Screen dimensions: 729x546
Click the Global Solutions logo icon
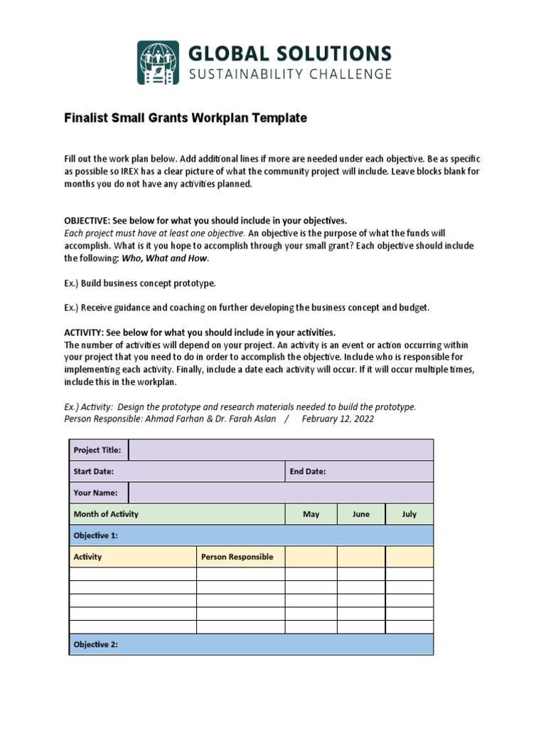click(159, 63)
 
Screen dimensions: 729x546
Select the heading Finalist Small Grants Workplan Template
click(186, 118)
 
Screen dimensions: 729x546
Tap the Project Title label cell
click(97, 450)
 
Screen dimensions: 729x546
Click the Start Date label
click(94, 471)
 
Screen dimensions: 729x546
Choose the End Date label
click(308, 471)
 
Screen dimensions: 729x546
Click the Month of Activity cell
click(106, 514)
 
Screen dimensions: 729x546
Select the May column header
click(311, 514)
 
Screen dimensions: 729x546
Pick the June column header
click(361, 514)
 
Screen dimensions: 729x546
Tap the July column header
click(409, 514)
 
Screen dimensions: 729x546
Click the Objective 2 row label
click(95, 644)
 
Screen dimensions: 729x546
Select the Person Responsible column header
click(237, 557)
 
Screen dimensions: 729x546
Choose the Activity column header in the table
click(87, 557)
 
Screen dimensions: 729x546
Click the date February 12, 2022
click(338, 419)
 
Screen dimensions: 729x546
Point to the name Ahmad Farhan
click(173, 419)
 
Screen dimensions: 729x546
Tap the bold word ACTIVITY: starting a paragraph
click(84, 332)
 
